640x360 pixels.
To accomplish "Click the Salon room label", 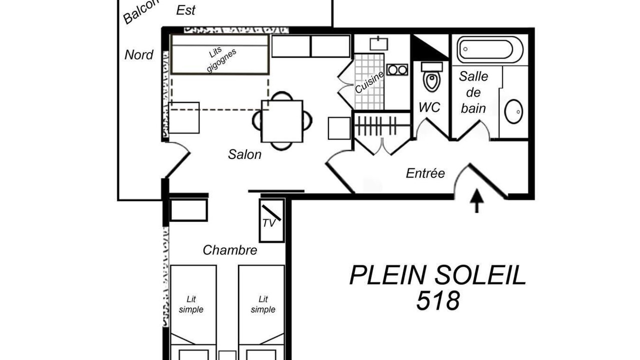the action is [x=244, y=154].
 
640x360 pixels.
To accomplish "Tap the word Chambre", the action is [x=230, y=250].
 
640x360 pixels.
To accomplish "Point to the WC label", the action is [x=429, y=107].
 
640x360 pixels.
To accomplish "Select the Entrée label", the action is [x=425, y=173].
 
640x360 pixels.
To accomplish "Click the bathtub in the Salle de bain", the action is [x=489, y=49].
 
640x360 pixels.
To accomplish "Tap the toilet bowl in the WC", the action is [x=431, y=79].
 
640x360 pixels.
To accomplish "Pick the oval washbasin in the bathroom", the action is [x=513, y=111].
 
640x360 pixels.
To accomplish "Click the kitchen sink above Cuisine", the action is [x=379, y=43].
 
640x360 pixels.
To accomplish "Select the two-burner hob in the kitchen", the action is [x=397, y=69].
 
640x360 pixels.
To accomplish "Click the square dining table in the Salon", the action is [x=282, y=121].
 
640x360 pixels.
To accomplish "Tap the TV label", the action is [x=268, y=223].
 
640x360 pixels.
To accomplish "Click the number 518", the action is [x=438, y=300].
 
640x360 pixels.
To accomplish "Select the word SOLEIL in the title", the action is [x=480, y=275].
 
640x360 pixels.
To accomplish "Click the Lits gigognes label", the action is [x=219, y=59].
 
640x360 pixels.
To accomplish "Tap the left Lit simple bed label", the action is [x=191, y=304].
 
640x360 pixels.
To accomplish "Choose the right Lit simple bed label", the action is [x=263, y=304].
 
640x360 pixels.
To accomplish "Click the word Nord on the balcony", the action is [x=139, y=55].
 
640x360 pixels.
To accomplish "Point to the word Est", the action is [x=185, y=10].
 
